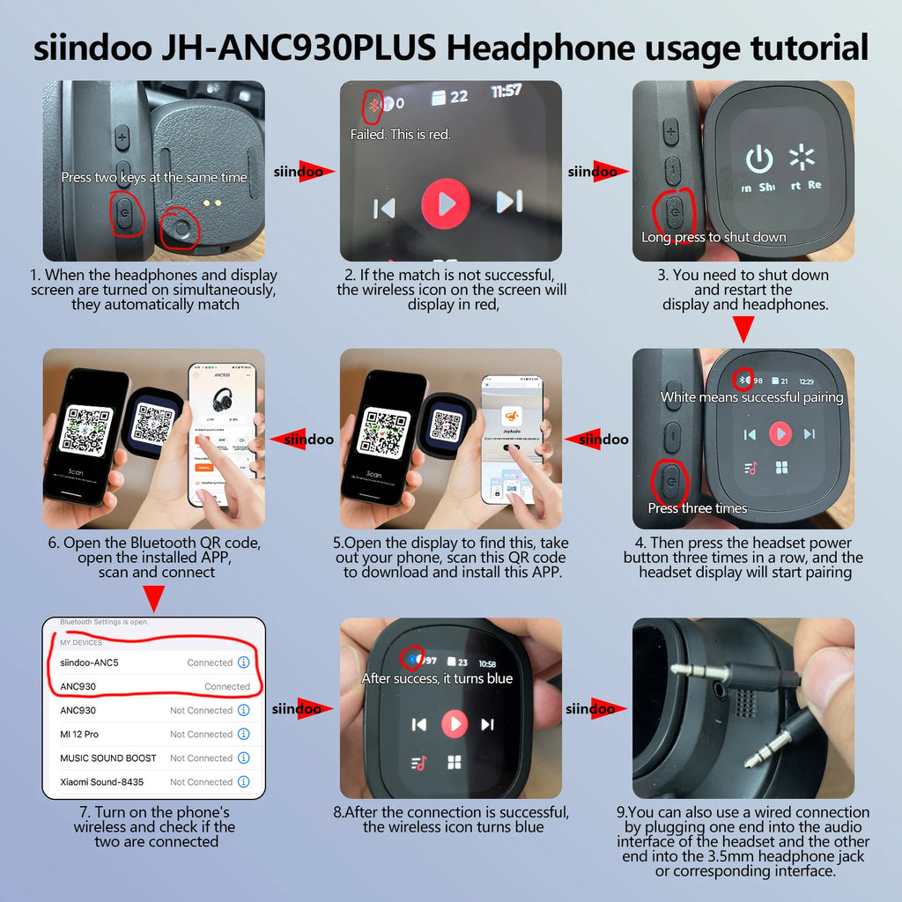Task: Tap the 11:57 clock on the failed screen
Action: coord(506,91)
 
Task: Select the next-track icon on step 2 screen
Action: coord(509,203)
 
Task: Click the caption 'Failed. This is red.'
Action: coord(400,135)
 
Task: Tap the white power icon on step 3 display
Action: coord(759,159)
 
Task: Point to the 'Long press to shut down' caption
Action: coord(713,237)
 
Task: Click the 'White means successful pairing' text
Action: coord(752,397)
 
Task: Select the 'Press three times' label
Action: coord(697,508)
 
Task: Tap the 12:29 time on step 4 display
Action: coord(806,381)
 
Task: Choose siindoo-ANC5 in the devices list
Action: coord(89,662)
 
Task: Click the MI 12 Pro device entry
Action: coord(79,734)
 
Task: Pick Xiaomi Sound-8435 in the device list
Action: coord(101,781)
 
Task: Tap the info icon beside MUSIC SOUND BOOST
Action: coord(244,758)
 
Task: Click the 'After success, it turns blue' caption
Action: coord(437,678)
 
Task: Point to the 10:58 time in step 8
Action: coord(487,663)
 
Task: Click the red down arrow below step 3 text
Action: coord(744,329)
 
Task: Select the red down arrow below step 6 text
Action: coord(153,599)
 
